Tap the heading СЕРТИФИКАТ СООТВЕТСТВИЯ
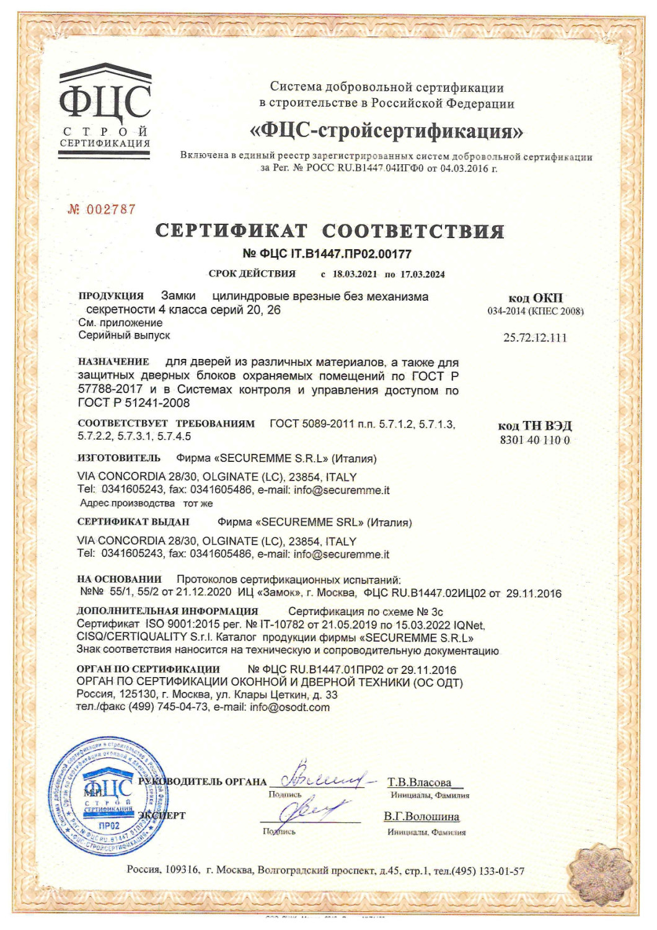pyautogui.click(x=329, y=231)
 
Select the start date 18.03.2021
pyautogui.click(x=355, y=274)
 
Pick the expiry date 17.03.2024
pyautogui.click(x=422, y=274)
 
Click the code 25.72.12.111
pyautogui.click(x=535, y=338)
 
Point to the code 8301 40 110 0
pyautogui.click(x=535, y=440)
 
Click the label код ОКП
pyautogui.click(x=536, y=298)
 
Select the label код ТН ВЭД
pyautogui.click(x=535, y=426)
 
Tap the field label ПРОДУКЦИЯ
pyautogui.click(x=111, y=296)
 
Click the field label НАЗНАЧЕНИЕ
pyautogui.click(x=113, y=361)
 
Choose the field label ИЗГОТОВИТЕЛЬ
pyautogui.click(x=119, y=458)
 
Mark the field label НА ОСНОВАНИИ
pyautogui.click(x=119, y=579)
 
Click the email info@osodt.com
pyautogui.click(x=289, y=707)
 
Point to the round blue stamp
pyautogui.click(x=109, y=798)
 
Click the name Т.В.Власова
pyautogui.click(x=420, y=782)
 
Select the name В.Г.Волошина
pyautogui.click(x=421, y=817)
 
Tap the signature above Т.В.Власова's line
pyautogui.click(x=322, y=777)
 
